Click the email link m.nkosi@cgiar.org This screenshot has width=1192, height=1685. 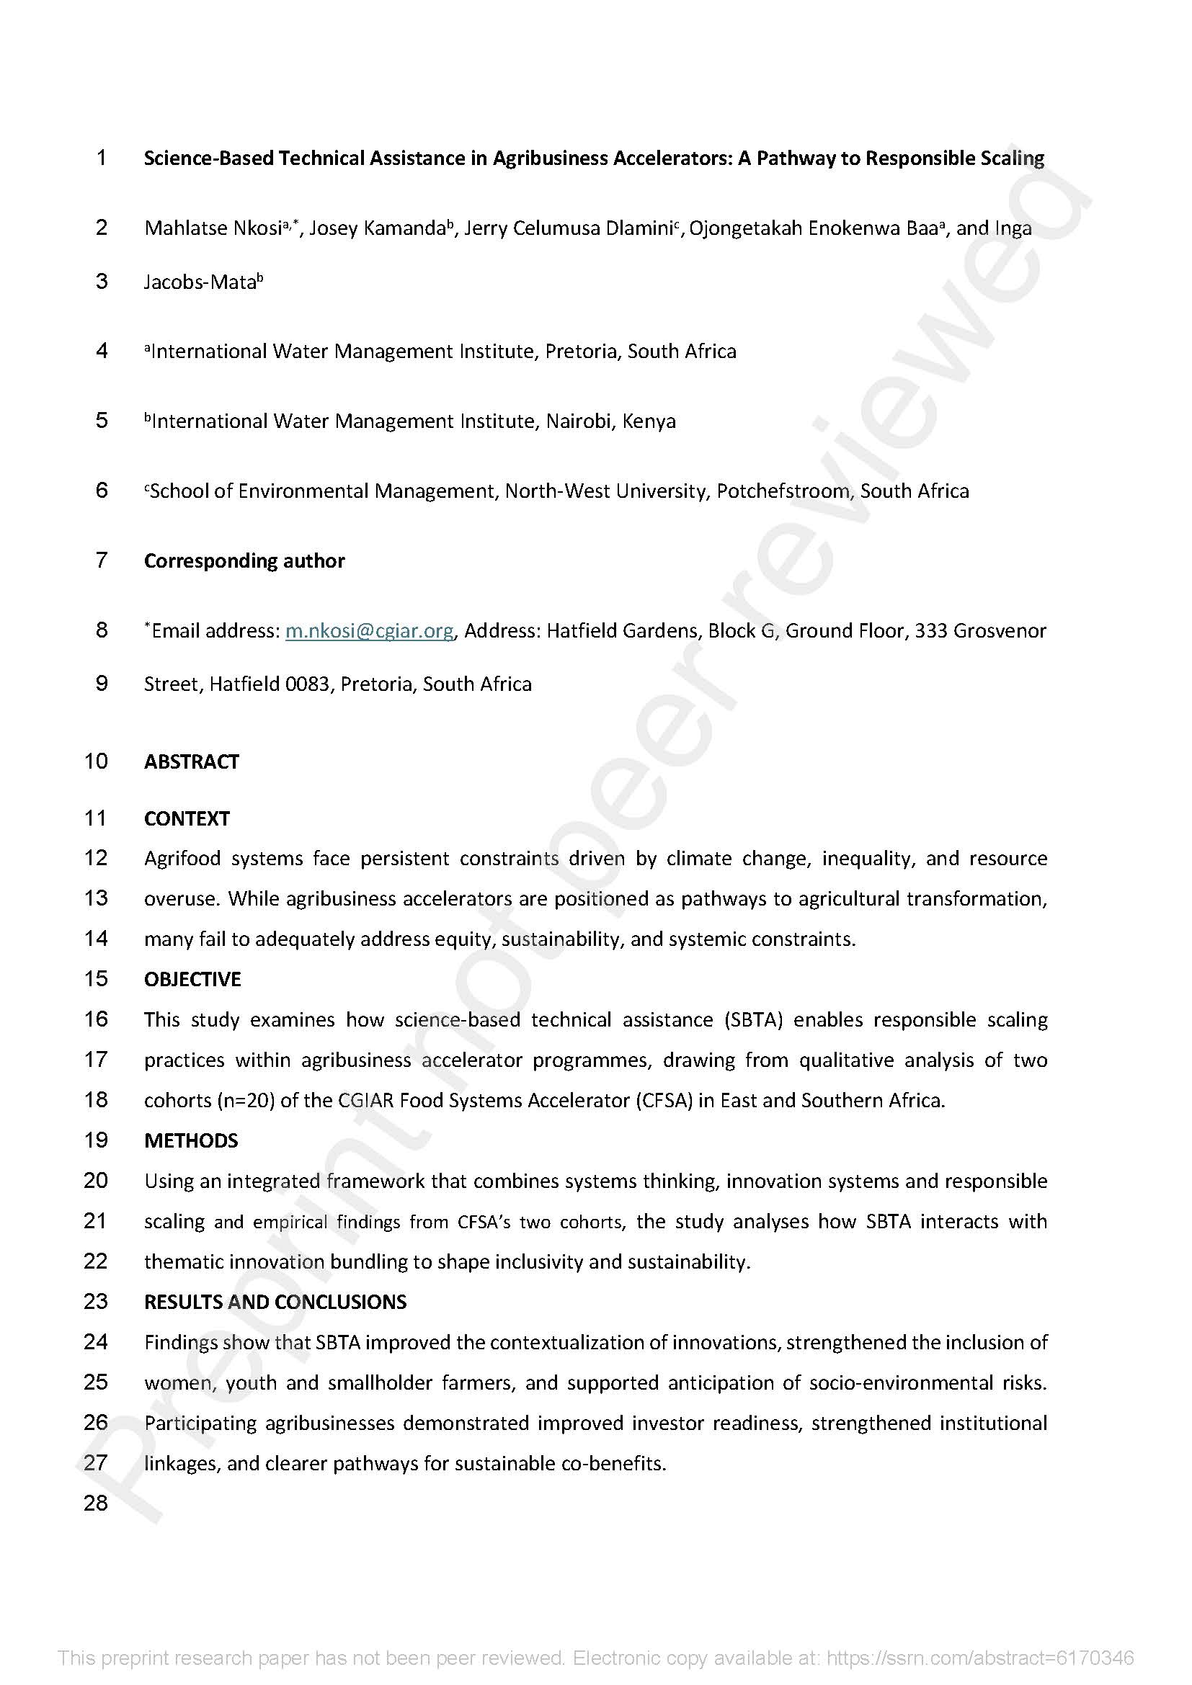(369, 630)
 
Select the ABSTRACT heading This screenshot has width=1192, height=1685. (192, 761)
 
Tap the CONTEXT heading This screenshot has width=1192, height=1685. (187, 818)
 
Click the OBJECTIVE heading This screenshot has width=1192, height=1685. (192, 979)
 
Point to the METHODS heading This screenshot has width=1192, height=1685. (191, 1140)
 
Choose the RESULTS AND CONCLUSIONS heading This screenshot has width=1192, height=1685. (275, 1302)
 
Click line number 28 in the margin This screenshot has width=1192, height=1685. (96, 1503)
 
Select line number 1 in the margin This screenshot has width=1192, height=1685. (102, 157)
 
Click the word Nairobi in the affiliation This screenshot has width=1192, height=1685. (579, 421)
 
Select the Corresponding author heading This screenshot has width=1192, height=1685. (244, 560)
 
